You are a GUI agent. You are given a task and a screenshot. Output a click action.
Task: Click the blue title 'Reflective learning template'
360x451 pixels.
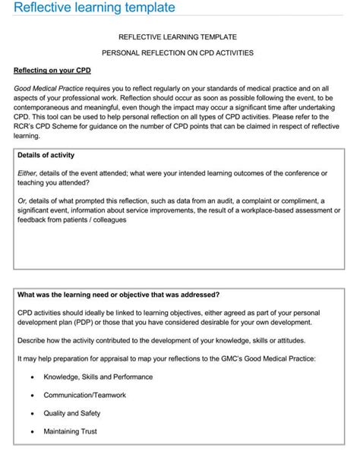(x=94, y=9)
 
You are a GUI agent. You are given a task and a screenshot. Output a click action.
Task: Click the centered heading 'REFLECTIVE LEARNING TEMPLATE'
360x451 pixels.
(x=178, y=36)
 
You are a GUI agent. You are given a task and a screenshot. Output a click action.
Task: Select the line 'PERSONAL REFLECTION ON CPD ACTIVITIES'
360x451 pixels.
(x=178, y=53)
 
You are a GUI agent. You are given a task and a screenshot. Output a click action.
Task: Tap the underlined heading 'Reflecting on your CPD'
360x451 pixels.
(x=52, y=71)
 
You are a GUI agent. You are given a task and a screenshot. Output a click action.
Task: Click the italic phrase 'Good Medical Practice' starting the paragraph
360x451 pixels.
(x=49, y=88)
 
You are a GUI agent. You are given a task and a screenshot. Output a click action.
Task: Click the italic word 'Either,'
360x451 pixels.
(x=27, y=173)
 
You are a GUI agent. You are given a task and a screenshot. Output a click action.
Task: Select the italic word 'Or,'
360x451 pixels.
(x=21, y=201)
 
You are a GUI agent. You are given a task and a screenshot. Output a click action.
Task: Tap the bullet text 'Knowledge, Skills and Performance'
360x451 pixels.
(x=98, y=377)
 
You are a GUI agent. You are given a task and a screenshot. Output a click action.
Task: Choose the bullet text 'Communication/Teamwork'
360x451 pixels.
(x=84, y=395)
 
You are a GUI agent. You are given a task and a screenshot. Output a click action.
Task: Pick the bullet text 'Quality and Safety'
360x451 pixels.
(x=71, y=413)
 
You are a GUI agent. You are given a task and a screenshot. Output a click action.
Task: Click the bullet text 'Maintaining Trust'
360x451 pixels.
(x=71, y=431)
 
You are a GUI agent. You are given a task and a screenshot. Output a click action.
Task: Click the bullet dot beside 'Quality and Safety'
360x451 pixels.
(x=31, y=414)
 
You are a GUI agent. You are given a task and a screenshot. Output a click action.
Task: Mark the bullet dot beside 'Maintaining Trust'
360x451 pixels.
(x=31, y=432)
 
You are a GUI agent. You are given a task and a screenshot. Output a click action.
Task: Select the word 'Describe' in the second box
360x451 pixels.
(x=31, y=340)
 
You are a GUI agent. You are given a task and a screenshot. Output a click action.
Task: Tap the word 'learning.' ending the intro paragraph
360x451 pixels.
(x=28, y=137)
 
